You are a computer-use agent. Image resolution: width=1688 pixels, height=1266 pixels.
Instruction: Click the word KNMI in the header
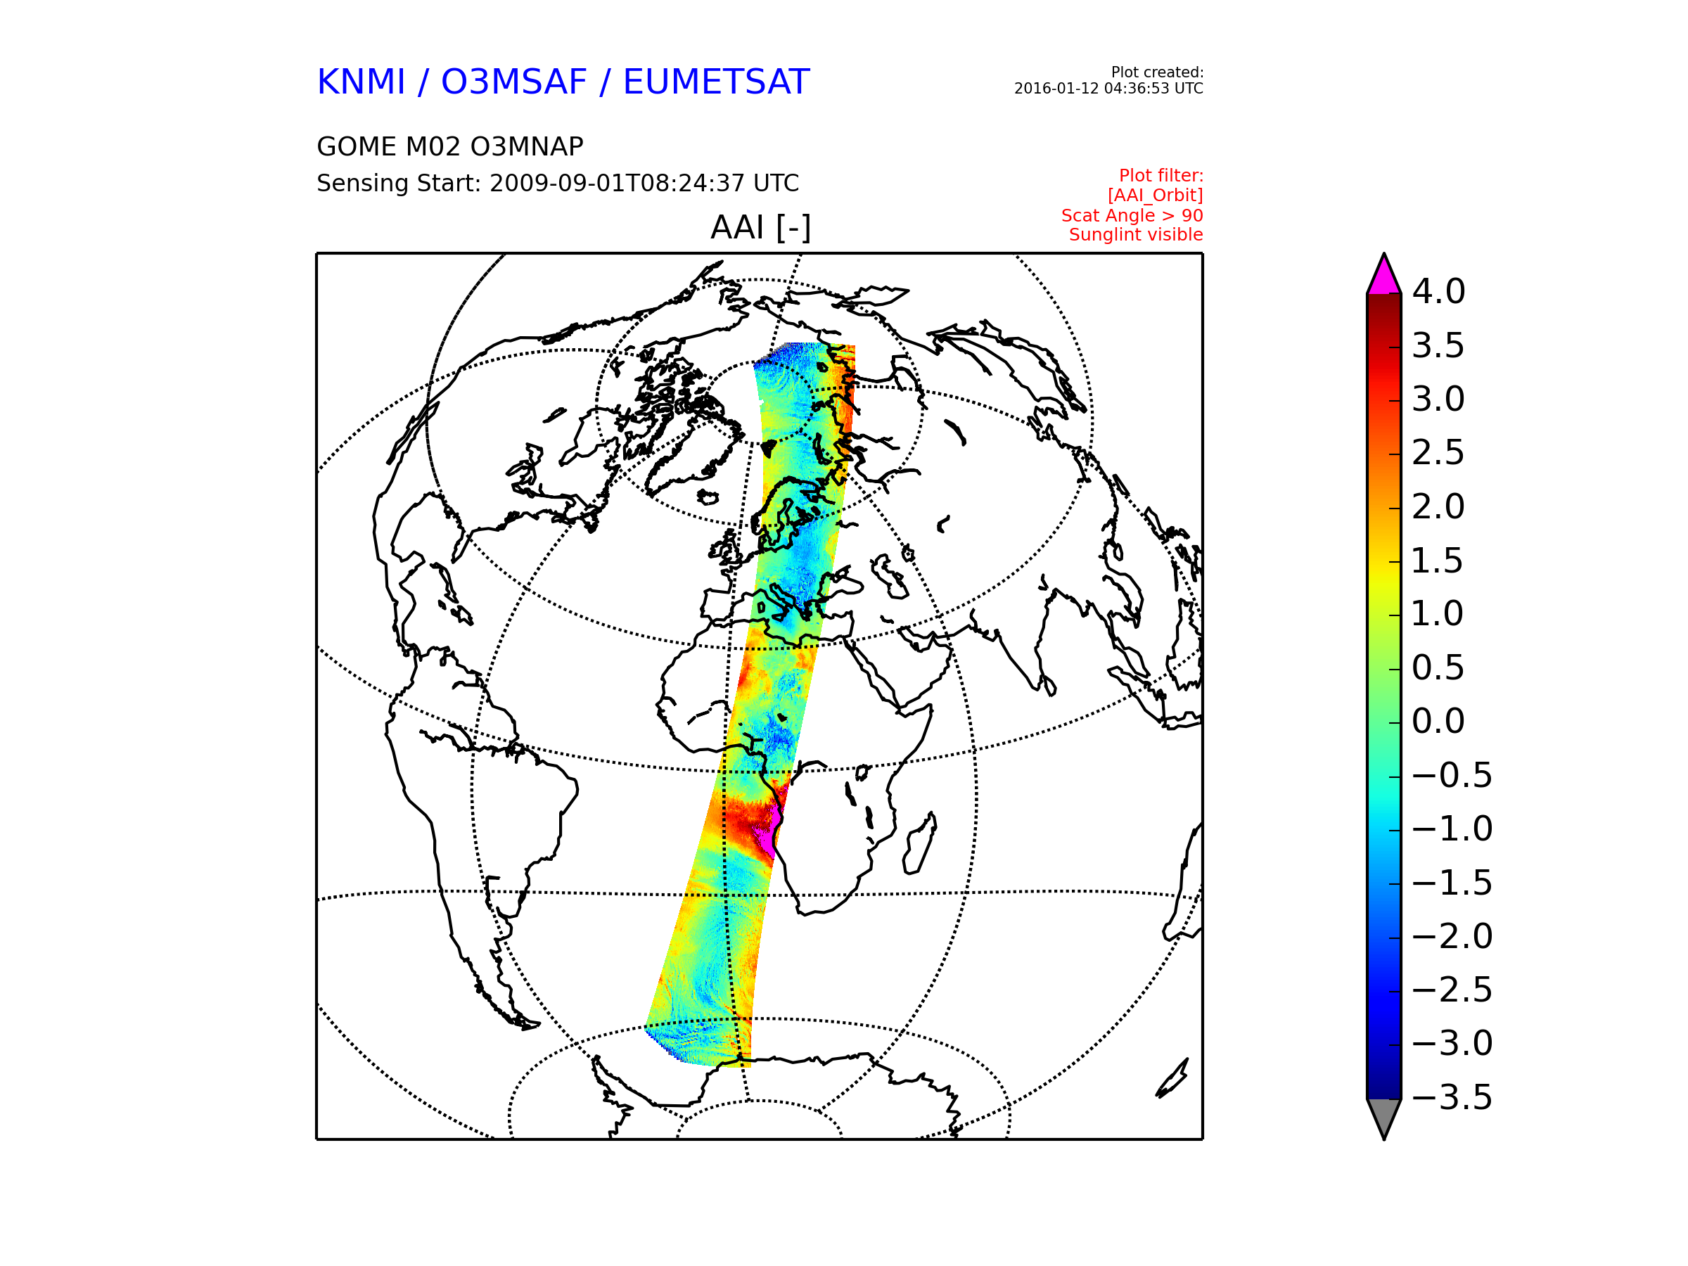[x=361, y=82]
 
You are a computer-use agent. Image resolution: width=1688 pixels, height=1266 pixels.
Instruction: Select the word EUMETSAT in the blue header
[x=716, y=82]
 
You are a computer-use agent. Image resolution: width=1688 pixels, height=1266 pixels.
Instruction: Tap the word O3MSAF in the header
[x=514, y=82]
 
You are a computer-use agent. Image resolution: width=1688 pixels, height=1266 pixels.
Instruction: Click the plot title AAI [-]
[x=760, y=227]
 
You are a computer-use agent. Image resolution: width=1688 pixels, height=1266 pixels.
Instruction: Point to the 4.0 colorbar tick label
[x=1438, y=291]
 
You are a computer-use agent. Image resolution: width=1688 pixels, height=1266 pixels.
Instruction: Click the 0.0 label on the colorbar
[x=1438, y=721]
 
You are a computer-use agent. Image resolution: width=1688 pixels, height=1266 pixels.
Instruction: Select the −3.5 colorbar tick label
[x=1452, y=1097]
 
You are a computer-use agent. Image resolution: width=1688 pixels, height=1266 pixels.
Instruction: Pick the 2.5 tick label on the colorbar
[x=1438, y=452]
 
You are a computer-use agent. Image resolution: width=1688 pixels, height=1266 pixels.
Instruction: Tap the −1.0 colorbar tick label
[x=1452, y=829]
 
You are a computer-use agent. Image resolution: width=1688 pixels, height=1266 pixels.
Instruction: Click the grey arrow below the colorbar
[x=1383, y=1116]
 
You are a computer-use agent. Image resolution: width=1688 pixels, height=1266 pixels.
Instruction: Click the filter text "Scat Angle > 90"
[x=1132, y=216]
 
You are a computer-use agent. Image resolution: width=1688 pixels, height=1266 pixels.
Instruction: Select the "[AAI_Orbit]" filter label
[x=1156, y=196]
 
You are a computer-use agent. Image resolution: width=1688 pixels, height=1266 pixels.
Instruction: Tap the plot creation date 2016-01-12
[x=1057, y=89]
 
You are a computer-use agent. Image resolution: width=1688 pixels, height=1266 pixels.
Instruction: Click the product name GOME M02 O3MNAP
[x=450, y=146]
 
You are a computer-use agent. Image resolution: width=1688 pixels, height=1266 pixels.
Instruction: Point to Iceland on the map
[x=708, y=498]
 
